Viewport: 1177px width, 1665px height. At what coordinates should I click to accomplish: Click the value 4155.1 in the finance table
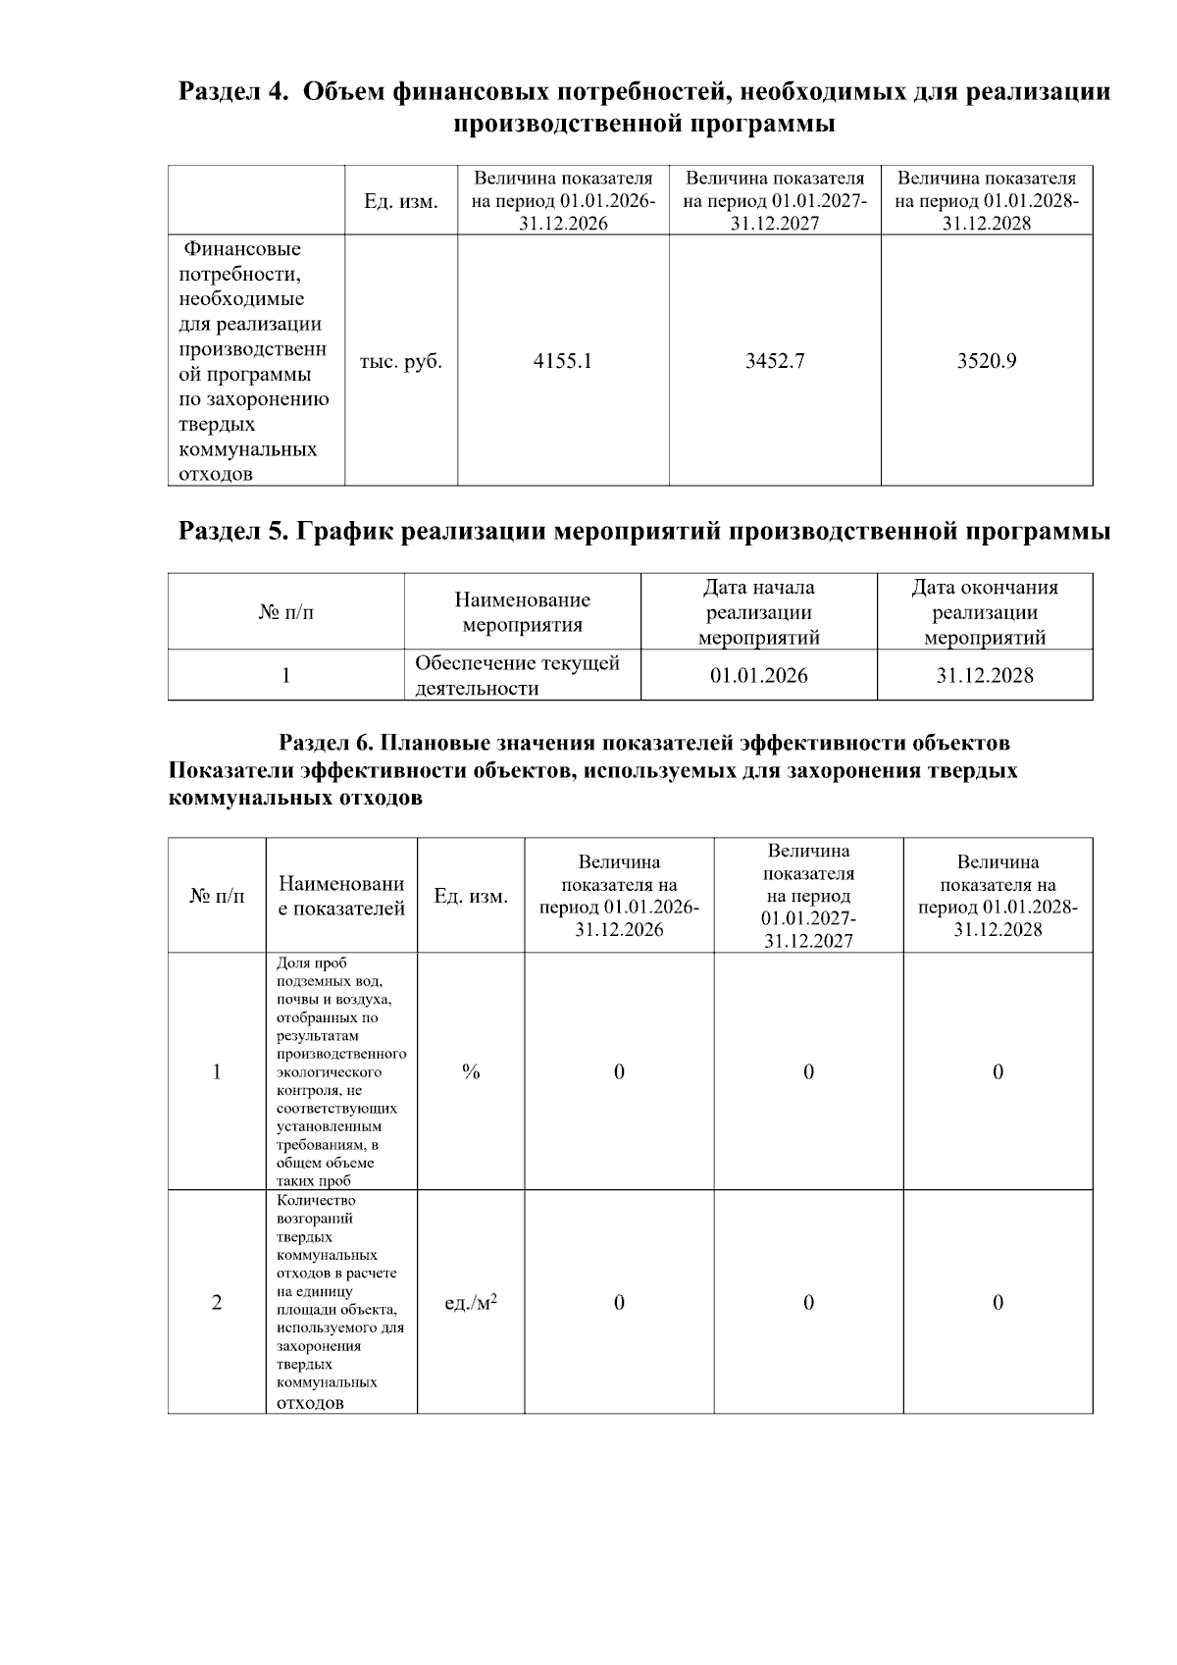[x=562, y=361]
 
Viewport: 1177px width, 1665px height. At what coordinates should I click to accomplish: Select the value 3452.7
[x=775, y=361]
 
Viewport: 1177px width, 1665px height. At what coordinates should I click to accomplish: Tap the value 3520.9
[x=987, y=361]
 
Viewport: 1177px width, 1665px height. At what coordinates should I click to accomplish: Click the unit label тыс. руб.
[x=400, y=361]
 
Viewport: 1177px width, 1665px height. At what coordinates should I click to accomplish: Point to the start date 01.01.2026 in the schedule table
[x=759, y=675]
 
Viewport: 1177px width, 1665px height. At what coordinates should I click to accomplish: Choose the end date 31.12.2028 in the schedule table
[x=985, y=675]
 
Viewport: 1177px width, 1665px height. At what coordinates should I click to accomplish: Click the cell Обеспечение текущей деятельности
[x=517, y=675]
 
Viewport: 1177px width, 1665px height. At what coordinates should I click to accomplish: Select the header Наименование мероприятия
[x=522, y=612]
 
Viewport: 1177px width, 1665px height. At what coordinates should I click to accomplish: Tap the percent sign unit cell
[x=471, y=1071]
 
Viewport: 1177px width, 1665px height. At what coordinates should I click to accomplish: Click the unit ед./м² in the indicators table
[x=471, y=1302]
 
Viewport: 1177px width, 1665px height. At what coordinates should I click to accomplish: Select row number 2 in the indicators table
[x=217, y=1302]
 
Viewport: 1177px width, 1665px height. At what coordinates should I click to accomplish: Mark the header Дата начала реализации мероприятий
[x=759, y=612]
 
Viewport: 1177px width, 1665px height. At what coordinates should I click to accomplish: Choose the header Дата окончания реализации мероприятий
[x=985, y=612]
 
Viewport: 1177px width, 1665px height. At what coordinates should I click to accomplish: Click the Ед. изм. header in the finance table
[x=400, y=201]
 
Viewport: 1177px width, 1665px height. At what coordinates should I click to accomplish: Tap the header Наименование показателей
[x=341, y=896]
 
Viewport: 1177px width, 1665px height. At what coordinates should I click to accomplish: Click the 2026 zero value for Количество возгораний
[x=619, y=1302]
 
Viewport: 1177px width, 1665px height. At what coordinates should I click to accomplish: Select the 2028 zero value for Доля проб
[x=998, y=1071]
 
